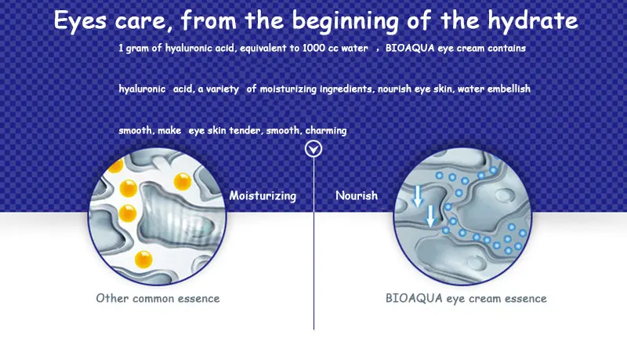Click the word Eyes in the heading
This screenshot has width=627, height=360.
pyautogui.click(x=80, y=21)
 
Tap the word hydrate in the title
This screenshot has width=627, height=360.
pyautogui.click(x=533, y=21)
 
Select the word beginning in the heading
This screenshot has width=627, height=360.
pyautogui.click(x=346, y=21)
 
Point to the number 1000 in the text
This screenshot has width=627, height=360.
pyautogui.click(x=314, y=48)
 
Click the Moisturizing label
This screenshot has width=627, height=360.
pyautogui.click(x=263, y=195)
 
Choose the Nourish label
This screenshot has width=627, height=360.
pyautogui.click(x=357, y=195)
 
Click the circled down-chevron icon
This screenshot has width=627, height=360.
pyautogui.click(x=313, y=149)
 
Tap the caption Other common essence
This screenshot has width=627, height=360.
pyautogui.click(x=158, y=298)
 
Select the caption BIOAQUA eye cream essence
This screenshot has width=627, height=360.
pyautogui.click(x=466, y=298)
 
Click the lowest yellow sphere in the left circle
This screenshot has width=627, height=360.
pyautogui.click(x=143, y=259)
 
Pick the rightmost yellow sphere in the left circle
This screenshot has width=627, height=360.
pyautogui.click(x=183, y=182)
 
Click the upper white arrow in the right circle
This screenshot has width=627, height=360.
pyautogui.click(x=418, y=196)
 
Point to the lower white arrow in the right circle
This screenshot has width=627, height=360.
pyautogui.click(x=430, y=216)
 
